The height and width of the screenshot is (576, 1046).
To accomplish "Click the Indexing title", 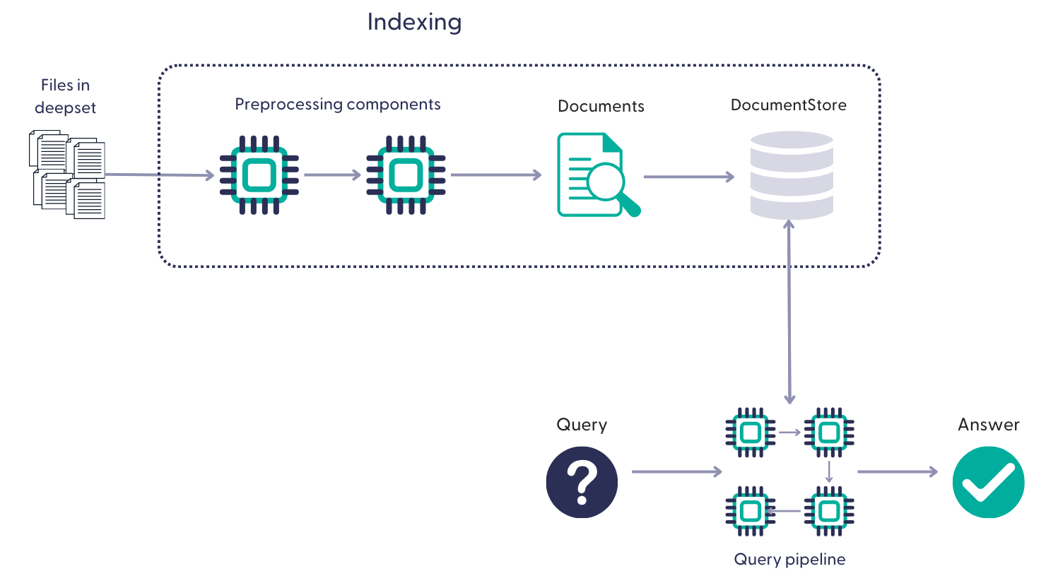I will (414, 22).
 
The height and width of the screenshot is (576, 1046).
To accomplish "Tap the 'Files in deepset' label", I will (65, 96).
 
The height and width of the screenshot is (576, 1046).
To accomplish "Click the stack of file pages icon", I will (68, 174).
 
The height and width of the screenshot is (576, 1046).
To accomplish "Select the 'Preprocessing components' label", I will (337, 105).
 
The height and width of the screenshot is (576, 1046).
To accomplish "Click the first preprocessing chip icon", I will (259, 175).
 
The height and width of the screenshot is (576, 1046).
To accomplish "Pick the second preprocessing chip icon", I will (406, 175).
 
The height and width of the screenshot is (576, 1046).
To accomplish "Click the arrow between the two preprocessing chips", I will (332, 175).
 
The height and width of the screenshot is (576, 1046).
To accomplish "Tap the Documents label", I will (601, 106).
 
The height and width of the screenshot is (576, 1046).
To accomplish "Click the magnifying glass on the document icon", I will (608, 182).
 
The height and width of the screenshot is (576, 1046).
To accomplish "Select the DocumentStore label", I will (788, 105).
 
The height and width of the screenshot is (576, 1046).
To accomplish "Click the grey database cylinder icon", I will (792, 175).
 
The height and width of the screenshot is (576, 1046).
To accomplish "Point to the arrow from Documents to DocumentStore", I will (688, 177).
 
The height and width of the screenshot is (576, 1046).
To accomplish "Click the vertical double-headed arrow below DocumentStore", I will (789, 311).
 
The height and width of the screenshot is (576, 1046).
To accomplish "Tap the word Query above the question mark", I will (582, 425).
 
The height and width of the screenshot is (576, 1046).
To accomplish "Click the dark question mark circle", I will (582, 482).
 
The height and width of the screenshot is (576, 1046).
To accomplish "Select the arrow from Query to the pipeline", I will (676, 471).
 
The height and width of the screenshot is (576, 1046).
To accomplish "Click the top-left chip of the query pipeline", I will (750, 432).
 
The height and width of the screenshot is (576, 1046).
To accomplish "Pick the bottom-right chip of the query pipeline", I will (829, 510).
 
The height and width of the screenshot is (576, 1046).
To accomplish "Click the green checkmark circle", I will (988, 482).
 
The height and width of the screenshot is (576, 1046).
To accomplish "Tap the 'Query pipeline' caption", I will (789, 559).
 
